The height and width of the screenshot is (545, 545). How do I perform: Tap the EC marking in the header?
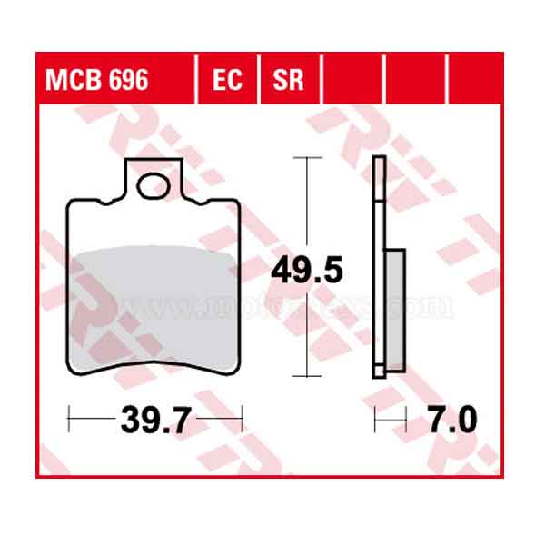click(x=228, y=82)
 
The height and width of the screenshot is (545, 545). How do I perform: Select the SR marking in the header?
click(x=290, y=82)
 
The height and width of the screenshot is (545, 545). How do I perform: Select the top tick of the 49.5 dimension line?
click(x=310, y=158)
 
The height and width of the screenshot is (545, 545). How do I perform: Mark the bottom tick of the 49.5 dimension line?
click(x=310, y=376)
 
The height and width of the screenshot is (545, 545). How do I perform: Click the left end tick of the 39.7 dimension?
click(x=71, y=421)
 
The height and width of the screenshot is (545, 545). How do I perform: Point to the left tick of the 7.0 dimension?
click(x=376, y=421)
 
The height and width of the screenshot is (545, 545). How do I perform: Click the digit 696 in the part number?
click(x=129, y=82)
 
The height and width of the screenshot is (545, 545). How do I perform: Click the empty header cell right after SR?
click(x=353, y=82)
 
